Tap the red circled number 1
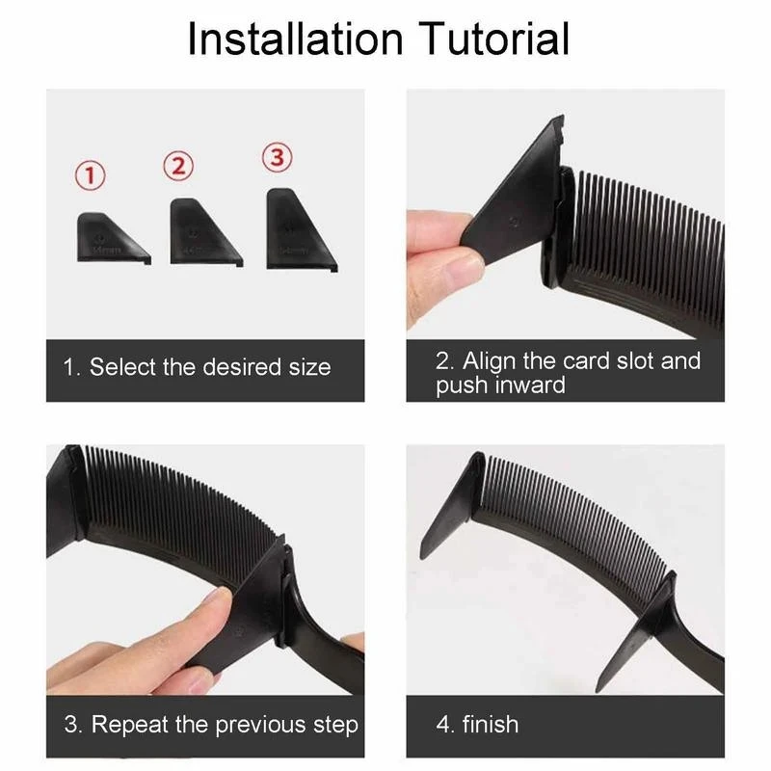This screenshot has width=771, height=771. pyautogui.click(x=91, y=175)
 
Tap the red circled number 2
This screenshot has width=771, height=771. pyautogui.click(x=177, y=165)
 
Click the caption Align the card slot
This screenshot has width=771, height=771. pyautogui.click(x=568, y=361)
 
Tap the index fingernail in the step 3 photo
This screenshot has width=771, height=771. pyautogui.click(x=216, y=602)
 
